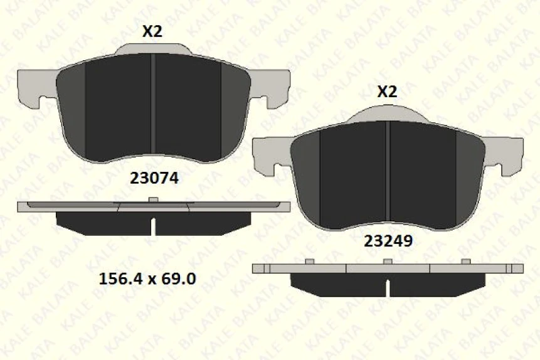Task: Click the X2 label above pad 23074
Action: (x=152, y=31)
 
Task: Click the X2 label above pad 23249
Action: (x=386, y=92)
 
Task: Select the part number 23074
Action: (x=154, y=177)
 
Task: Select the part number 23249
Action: (x=388, y=240)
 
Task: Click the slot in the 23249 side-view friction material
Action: (x=388, y=287)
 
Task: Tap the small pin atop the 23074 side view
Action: (x=153, y=200)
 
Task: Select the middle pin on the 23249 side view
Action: (x=388, y=261)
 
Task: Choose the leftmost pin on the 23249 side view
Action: (x=309, y=261)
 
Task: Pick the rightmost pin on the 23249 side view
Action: (x=465, y=261)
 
